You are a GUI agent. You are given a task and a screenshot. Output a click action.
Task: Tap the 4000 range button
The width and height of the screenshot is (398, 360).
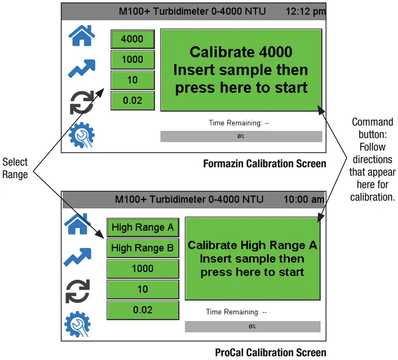coord(132,39)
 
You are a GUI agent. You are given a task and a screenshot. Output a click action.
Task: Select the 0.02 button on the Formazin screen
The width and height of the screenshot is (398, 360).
coord(132,101)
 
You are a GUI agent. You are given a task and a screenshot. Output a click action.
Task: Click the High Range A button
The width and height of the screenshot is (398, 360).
coord(143,227)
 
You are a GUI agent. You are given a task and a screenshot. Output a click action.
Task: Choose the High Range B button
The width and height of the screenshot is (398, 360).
coord(143,248)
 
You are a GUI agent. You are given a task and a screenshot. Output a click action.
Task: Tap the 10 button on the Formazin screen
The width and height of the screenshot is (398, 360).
coord(132,80)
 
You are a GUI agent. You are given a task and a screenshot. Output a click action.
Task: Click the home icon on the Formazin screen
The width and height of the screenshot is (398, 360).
coord(81,36)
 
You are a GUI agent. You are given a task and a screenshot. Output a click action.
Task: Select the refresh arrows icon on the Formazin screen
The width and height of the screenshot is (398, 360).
coord(81,102)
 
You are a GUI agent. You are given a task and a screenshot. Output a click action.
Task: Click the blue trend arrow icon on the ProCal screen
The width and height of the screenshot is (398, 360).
coord(77,257)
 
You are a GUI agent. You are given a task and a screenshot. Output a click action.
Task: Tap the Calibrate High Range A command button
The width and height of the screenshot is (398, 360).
coord(252,259)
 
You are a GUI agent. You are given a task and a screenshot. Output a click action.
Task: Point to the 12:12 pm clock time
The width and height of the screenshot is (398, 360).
coord(305,11)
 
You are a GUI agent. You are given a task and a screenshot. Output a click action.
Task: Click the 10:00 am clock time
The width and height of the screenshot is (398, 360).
coord(304,199)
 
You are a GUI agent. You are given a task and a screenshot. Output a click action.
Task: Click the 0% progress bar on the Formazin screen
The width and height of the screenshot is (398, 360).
coord(241,136)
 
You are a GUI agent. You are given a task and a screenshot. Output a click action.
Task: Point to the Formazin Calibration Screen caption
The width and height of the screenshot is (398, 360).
coord(264,164)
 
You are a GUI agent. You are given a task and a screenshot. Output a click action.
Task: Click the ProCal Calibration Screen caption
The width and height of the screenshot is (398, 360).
coord(270,352)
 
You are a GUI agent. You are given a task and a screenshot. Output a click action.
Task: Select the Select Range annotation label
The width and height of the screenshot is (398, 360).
coord(15,168)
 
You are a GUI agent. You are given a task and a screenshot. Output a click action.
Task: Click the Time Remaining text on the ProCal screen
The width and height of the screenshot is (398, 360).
coord(236,312)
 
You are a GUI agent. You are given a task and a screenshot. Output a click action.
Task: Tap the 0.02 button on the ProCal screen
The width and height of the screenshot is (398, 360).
coord(143,310)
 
